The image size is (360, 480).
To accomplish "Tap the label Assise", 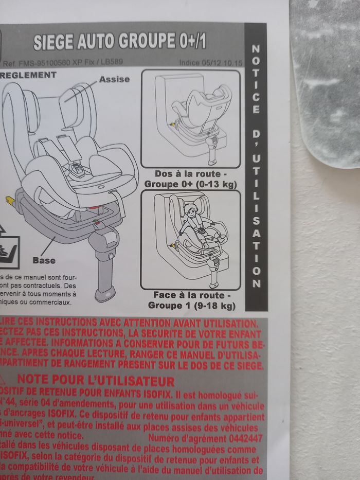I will [114, 79].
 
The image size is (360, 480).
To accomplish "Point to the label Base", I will [44, 260].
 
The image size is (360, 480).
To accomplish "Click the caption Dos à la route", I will [190, 174].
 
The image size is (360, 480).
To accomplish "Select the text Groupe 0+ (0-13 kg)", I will [190, 184].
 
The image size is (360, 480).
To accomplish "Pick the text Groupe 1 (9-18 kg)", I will [191, 306].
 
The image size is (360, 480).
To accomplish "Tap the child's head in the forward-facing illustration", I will [191, 210].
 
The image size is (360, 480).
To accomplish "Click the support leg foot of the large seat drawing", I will [104, 295].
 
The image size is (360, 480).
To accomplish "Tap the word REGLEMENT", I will [29, 75].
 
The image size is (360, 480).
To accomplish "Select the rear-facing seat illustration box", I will [190, 119].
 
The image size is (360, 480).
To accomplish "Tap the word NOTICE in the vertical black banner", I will [256, 80].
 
